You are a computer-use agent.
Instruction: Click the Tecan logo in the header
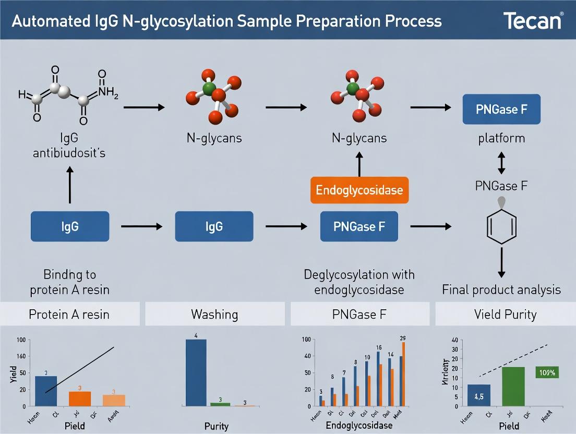(x=533, y=21)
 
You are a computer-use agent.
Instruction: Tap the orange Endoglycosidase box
(x=359, y=190)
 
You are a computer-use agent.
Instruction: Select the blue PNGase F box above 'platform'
(x=501, y=110)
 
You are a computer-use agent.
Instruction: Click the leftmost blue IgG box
(x=70, y=226)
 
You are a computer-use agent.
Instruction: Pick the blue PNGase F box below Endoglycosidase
(x=359, y=226)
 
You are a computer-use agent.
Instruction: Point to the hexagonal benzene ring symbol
(x=501, y=226)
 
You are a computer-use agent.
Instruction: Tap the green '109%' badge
(x=547, y=372)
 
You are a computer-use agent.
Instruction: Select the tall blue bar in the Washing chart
(x=196, y=372)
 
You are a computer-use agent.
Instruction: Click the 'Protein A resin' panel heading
(x=70, y=315)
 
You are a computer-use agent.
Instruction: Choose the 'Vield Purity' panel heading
(x=505, y=315)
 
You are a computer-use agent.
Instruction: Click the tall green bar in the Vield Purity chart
(x=513, y=386)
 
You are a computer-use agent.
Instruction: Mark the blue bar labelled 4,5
(x=479, y=395)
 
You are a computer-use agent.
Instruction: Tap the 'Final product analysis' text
(x=501, y=290)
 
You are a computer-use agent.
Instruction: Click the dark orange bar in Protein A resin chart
(x=80, y=399)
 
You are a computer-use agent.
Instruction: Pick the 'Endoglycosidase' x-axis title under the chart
(x=358, y=425)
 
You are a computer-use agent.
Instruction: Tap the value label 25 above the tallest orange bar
(x=402, y=338)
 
